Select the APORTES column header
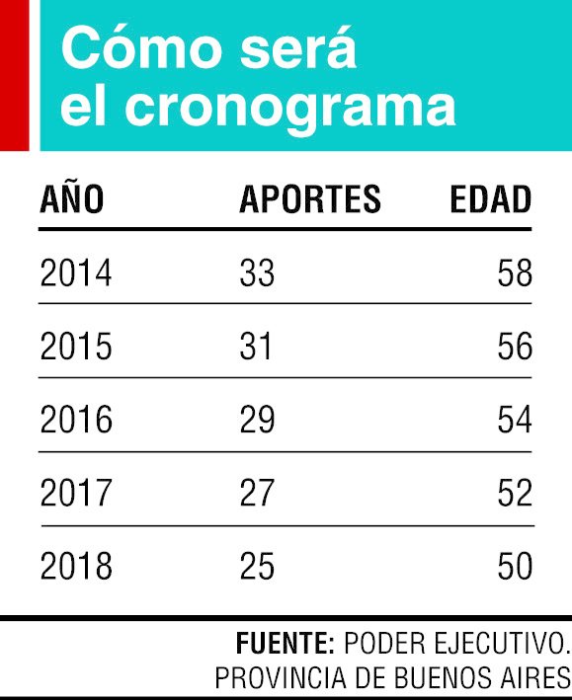point(310,199)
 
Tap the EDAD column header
point(491,199)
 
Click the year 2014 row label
point(75,272)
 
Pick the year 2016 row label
point(75,420)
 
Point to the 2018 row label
point(75,566)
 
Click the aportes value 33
point(257,272)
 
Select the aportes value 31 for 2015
point(256,346)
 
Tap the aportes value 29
point(257,420)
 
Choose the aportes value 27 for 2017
point(257,493)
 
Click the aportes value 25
point(257,566)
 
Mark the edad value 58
point(515,272)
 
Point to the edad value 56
point(515,346)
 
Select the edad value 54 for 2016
point(515,420)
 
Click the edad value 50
point(515,566)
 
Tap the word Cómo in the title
point(141,46)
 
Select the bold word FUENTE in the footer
point(285,644)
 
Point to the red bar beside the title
point(14,75)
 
